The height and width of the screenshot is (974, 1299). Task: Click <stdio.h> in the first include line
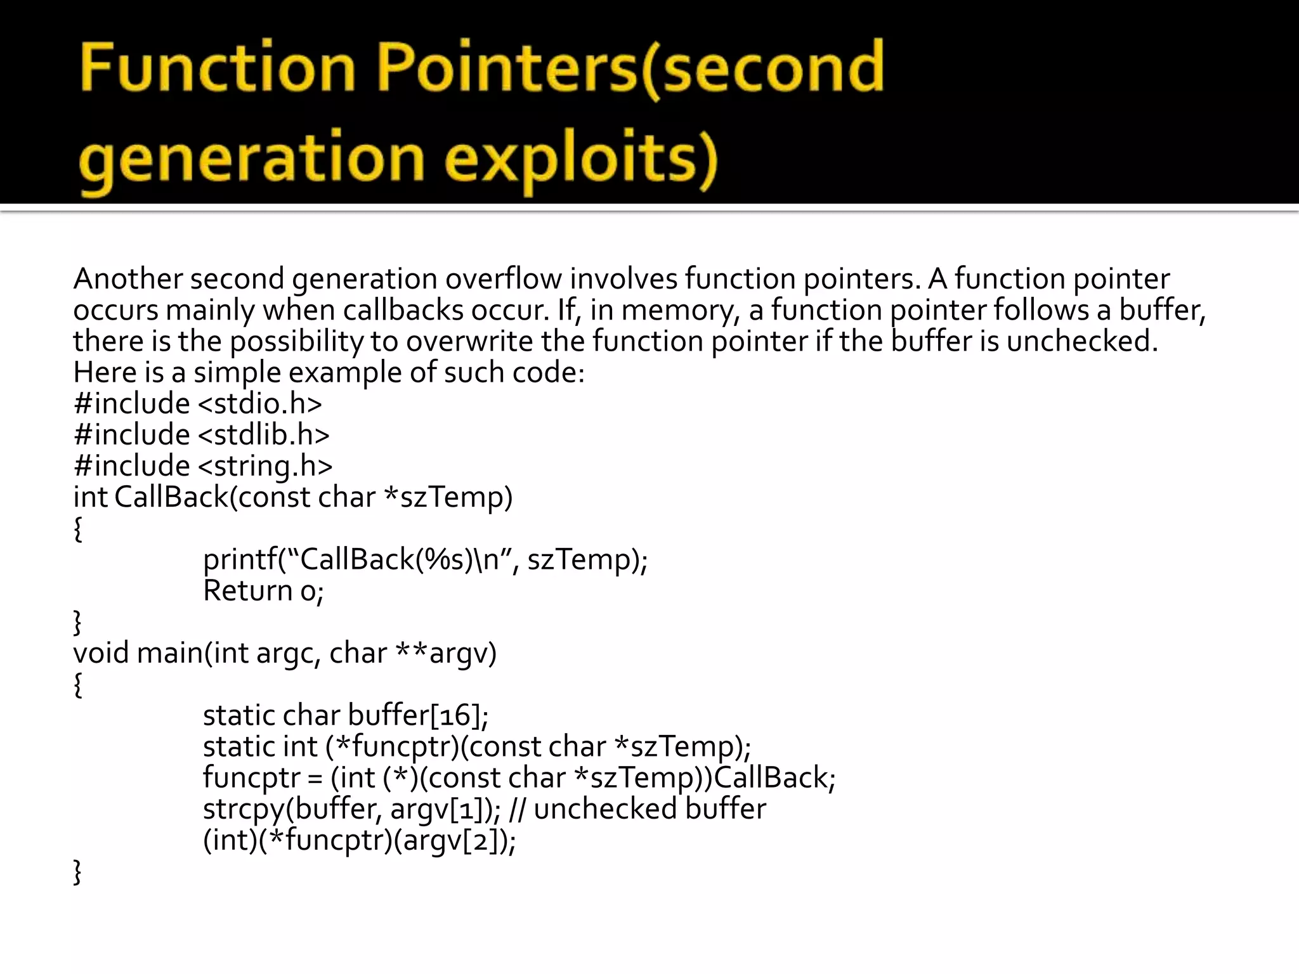pos(260,404)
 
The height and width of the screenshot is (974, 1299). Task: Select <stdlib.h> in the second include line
pos(264,435)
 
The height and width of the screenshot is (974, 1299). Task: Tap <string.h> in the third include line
pos(265,466)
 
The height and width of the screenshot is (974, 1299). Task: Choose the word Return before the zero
pos(247,591)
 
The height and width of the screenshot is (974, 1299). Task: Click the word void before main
pos(101,653)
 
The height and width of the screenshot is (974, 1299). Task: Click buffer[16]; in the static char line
pos(418,715)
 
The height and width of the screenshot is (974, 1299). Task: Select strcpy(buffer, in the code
pos(292,809)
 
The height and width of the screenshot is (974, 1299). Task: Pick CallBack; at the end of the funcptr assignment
pos(774,778)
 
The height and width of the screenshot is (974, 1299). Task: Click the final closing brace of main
pos(78,873)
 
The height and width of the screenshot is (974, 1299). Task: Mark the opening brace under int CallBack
pos(78,529)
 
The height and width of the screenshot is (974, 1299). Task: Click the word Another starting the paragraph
pos(127,279)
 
